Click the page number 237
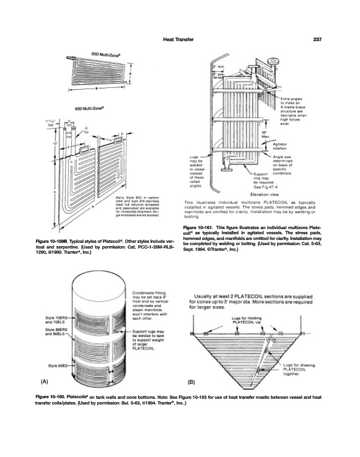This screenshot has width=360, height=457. [x=319, y=39]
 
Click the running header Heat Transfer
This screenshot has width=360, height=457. [x=178, y=39]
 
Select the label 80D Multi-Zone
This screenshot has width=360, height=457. [x=105, y=52]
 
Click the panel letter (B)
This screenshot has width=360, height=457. [x=192, y=380]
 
